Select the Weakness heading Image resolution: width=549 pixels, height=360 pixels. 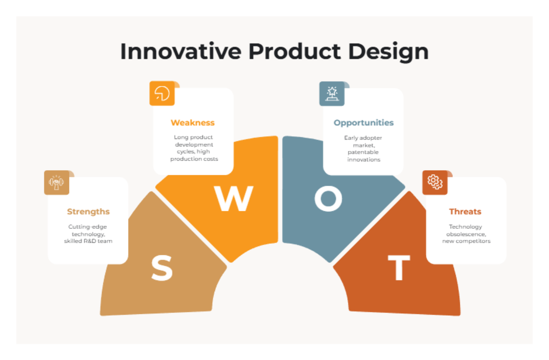pos(193,123)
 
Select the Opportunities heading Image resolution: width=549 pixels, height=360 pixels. pos(363,123)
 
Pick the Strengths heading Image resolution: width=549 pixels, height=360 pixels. pos(88,211)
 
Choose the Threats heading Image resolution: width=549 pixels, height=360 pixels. pos(465,211)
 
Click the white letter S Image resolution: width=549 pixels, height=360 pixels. pos(162,269)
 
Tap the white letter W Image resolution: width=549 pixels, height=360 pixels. pos(234,199)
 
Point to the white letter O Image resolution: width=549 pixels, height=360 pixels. pos(328,199)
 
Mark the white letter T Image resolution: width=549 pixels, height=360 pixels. pos(398,269)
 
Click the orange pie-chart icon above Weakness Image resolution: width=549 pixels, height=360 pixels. pos(162,93)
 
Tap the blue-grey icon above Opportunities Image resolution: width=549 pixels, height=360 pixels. pos(332,93)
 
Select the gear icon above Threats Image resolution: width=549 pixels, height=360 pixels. pos(435,182)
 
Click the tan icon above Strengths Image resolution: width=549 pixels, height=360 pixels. pos(56,182)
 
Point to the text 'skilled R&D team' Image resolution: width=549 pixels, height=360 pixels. pos(88,241)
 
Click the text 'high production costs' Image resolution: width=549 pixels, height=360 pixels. pos(194,156)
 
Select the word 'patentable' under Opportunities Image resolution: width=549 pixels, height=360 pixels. pos(363,152)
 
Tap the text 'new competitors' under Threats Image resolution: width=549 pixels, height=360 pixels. pos(466,241)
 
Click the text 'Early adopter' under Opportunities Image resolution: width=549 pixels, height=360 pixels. pos(363,137)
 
